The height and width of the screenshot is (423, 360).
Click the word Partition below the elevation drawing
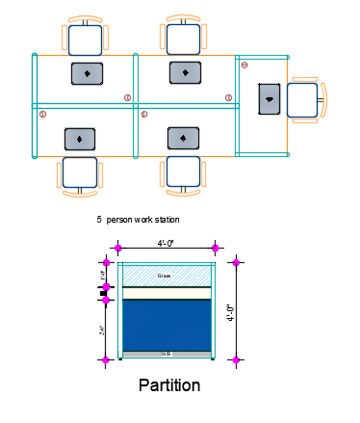coord(169,385)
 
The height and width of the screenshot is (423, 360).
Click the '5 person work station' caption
coord(138,220)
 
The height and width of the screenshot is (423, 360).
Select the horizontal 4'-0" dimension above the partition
coord(167,244)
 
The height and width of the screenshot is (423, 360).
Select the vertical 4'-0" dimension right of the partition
coord(230,311)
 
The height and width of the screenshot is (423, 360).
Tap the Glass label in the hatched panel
coord(166,275)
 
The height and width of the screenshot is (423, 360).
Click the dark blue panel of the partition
coord(167,325)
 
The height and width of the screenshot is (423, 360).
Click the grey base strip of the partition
coord(167,355)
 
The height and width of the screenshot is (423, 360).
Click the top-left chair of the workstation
coord(86,39)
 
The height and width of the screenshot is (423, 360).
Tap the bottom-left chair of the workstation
coord(80,173)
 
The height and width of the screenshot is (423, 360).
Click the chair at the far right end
coord(304,99)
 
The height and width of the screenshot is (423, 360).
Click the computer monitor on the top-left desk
coord(87,73)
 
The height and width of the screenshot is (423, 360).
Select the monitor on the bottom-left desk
coord(80,139)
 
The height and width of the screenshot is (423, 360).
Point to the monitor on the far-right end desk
coord(270,99)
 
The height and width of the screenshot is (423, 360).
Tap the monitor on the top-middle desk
coord(185,72)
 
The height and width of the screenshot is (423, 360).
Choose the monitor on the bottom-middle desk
coord(183,138)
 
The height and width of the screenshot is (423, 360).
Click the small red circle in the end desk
coord(244,65)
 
